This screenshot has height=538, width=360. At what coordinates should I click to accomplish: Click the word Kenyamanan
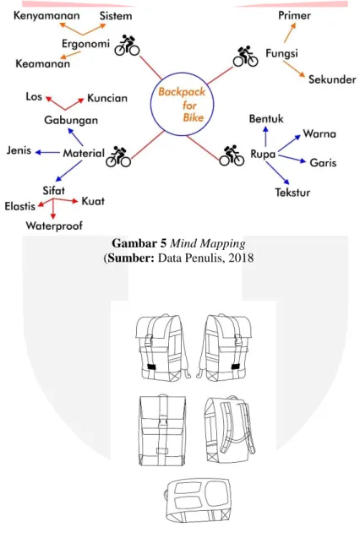click(x=46, y=16)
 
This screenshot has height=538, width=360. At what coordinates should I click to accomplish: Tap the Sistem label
click(x=116, y=16)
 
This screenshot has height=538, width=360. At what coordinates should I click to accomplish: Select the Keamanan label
click(x=43, y=63)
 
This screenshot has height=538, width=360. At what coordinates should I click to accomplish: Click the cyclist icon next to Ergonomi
click(x=127, y=46)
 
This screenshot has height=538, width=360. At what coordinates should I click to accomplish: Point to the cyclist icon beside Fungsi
click(x=245, y=57)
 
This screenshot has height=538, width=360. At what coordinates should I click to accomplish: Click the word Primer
click(x=294, y=15)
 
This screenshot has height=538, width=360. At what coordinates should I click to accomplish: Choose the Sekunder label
click(x=332, y=79)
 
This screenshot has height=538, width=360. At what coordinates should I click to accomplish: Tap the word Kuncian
click(x=107, y=98)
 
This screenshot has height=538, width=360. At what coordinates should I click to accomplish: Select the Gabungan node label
click(x=71, y=121)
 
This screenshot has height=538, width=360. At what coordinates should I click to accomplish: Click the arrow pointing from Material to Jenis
click(x=47, y=152)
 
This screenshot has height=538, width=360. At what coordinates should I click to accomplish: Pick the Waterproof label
click(x=54, y=226)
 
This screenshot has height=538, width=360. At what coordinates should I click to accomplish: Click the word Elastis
click(x=20, y=206)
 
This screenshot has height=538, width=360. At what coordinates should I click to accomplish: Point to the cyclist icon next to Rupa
click(x=232, y=155)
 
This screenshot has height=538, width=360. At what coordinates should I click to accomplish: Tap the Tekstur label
click(x=292, y=193)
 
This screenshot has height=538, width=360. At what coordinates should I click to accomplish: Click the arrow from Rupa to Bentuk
click(x=265, y=137)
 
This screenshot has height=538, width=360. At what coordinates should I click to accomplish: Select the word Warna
click(x=319, y=133)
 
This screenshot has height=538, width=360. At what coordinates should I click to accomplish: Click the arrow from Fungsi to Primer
click(x=290, y=33)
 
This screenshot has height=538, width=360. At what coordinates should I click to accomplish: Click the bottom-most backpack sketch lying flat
click(x=198, y=501)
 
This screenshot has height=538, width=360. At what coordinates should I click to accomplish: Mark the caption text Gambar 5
click(x=139, y=243)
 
